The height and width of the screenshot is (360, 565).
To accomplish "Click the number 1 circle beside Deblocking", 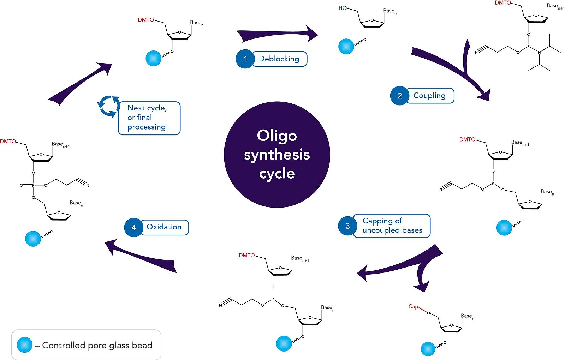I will click(245, 59).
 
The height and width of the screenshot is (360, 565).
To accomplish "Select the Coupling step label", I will click(429, 96).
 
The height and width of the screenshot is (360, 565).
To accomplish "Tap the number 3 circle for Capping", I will click(347, 226).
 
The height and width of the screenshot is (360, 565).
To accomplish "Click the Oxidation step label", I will click(164, 227).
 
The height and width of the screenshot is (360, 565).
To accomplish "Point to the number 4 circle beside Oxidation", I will click(133, 228).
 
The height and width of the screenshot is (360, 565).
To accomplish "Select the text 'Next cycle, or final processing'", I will click(147, 118).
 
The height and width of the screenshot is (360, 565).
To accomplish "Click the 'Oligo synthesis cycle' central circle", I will click(277, 155).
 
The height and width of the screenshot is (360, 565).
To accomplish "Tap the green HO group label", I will click(343, 8).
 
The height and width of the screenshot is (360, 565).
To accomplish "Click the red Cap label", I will click(413, 306).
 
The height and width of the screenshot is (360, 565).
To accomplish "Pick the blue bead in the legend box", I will click(25, 345).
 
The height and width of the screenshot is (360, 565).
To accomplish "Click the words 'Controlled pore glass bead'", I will click(97, 345).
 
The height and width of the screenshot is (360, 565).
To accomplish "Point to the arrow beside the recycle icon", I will click(80, 84).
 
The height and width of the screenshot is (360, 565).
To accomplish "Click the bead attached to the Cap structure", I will click(428, 349).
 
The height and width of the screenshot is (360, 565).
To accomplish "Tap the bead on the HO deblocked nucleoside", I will click(346, 46).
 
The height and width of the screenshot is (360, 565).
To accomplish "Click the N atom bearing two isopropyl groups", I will click(539, 53).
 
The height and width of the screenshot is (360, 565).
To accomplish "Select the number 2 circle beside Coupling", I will click(399, 96).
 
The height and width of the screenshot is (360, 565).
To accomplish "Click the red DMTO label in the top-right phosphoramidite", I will click(503, 3).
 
